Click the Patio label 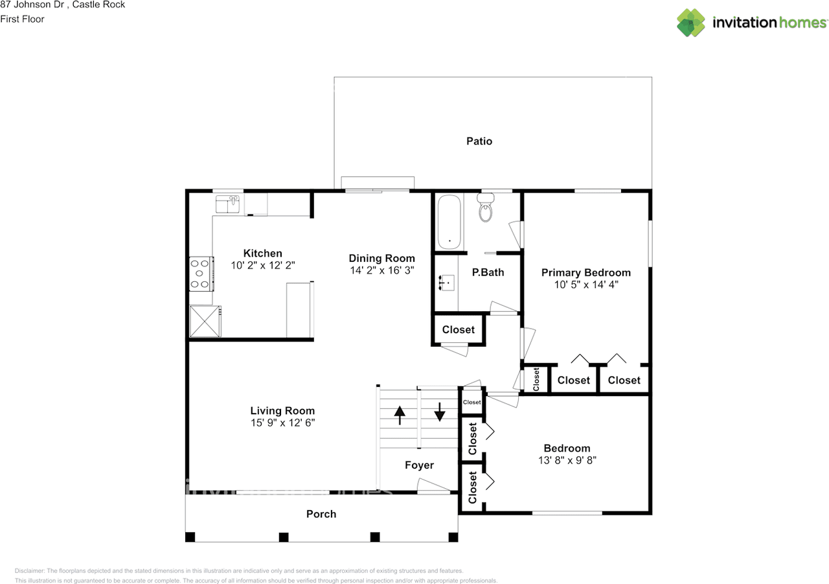pos(479,141)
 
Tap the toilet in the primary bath pos(486,207)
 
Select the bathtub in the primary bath pos(449,222)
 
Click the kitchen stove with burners pos(201,274)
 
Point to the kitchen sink pos(227,204)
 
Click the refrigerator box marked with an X pos(205,321)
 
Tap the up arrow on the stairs pos(400,415)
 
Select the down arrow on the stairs pos(440,412)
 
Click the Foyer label pos(419,465)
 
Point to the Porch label pos(321,514)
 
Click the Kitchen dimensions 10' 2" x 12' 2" pos(263,266)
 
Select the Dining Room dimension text pos(382,270)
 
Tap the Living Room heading pos(282,411)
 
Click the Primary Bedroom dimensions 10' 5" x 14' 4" pos(586,285)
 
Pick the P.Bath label pos(488,272)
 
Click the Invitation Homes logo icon pos(691,23)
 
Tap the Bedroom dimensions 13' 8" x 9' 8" pos(567,460)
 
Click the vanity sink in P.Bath pos(446,283)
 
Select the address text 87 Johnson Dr pos(32,5)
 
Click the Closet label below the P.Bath pos(458,329)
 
